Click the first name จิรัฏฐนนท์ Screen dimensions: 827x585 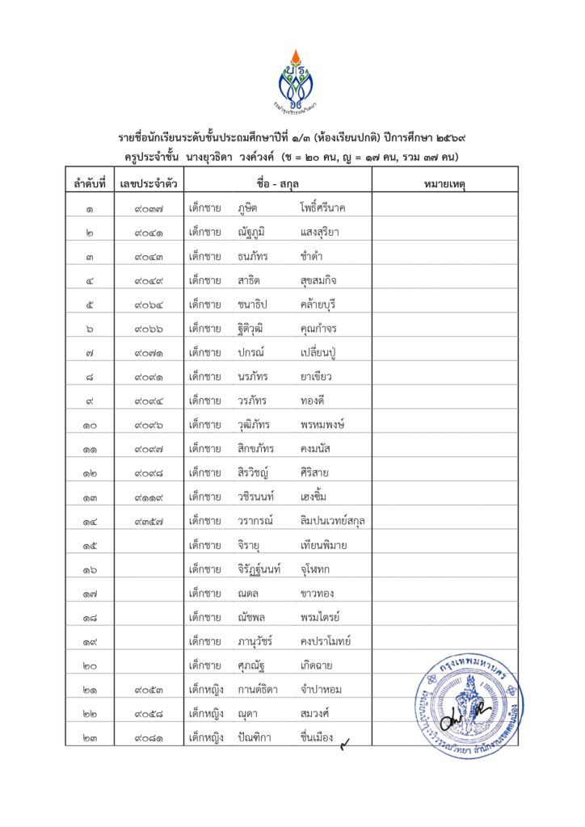point(259,570)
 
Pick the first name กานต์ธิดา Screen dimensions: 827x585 point(258,690)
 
